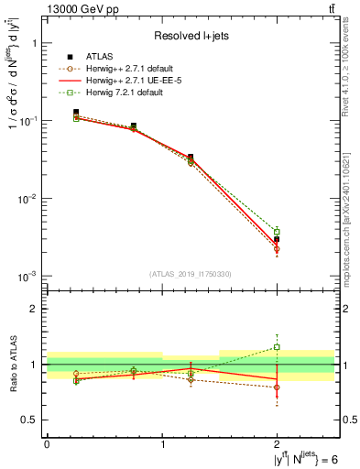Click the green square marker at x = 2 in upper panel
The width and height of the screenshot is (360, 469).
(x=277, y=232)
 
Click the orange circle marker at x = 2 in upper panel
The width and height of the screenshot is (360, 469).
(x=277, y=249)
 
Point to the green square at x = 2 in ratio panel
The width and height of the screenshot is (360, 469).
(x=277, y=347)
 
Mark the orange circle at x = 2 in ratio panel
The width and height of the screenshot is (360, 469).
(x=277, y=387)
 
